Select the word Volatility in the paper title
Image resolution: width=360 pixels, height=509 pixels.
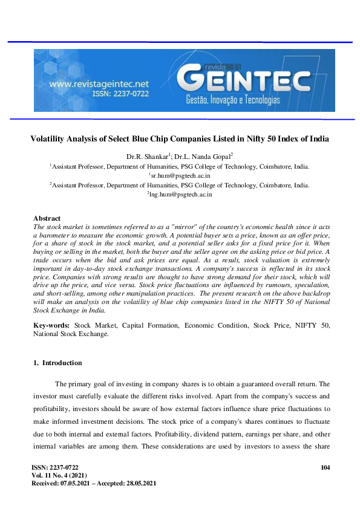click(50, 138)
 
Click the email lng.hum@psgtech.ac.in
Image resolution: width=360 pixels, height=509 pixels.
click(180, 195)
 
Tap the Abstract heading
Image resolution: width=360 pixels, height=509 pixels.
click(47, 218)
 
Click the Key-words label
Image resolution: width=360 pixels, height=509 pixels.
click(50, 326)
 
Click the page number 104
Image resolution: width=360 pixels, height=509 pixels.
click(325, 468)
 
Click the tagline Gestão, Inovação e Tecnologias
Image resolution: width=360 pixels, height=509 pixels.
click(232, 99)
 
